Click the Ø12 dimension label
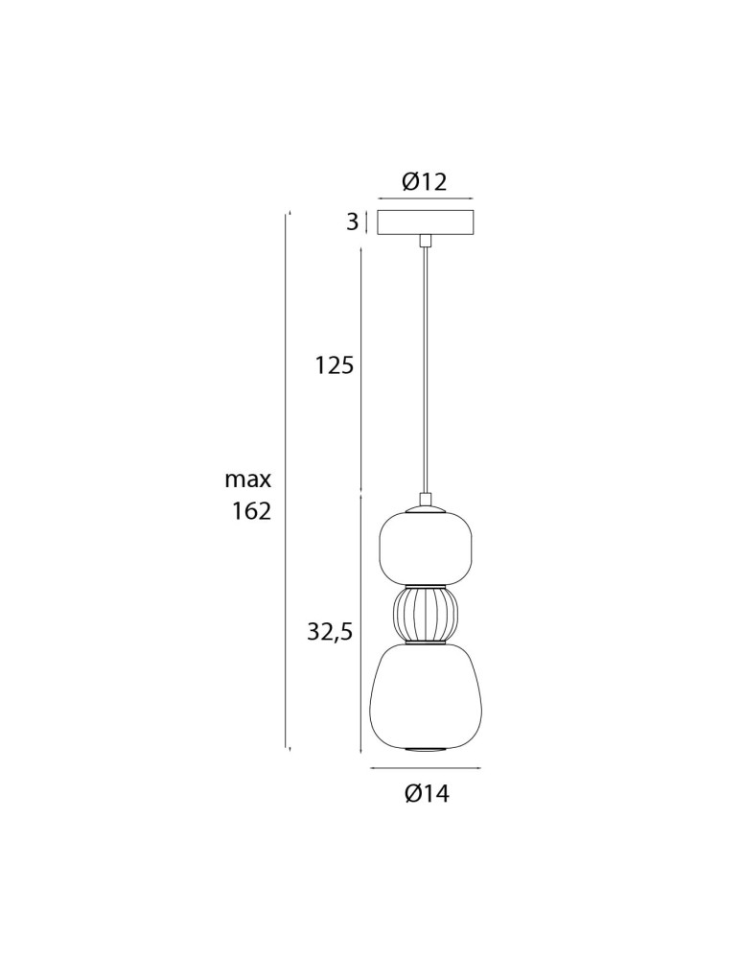[x=424, y=181]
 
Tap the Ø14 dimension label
[x=427, y=793]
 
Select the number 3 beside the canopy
[x=352, y=222]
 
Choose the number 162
[x=251, y=510]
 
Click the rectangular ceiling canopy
[x=425, y=222]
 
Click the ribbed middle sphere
[x=425, y=614]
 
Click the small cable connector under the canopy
[x=424, y=240]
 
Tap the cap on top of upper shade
[x=425, y=503]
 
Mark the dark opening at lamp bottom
[x=425, y=747]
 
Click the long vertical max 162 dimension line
[x=288, y=479]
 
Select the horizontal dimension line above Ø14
[x=425, y=768]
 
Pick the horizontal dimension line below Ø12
[x=425, y=199]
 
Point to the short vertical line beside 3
[x=366, y=222]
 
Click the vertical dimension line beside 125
[x=360, y=369]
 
